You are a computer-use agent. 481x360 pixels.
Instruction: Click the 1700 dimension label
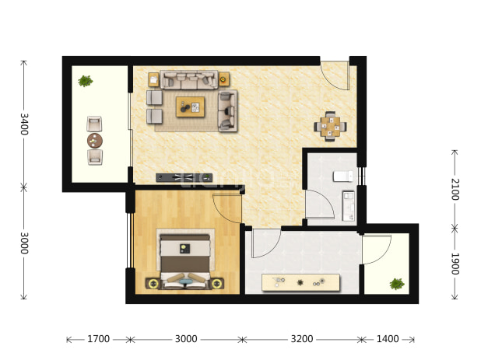coord(99,339)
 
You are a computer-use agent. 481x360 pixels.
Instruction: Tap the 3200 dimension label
coord(302,339)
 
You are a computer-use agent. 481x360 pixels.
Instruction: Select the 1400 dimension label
coord(388,339)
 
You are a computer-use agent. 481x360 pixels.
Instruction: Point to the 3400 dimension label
coord(24,124)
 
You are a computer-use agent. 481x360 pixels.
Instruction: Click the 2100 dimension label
coord(455,189)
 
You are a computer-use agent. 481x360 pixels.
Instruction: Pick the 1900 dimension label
coord(455,264)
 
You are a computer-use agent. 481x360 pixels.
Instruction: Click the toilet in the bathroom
coord(343,177)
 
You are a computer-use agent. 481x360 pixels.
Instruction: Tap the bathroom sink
coord(349,205)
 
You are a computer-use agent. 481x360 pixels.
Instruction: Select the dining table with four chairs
coord(330,127)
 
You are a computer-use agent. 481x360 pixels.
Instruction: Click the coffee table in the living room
coord(190,107)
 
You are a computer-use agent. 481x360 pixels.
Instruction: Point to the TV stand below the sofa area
coord(184,177)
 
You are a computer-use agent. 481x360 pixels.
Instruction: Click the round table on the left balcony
coord(95,141)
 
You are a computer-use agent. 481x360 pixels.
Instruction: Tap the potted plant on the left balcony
coord(86,81)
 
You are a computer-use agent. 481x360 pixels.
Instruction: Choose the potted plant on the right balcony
coord(397,284)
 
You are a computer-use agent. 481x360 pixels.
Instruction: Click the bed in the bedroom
coord(185,260)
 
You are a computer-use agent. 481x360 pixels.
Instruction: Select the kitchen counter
coord(300,282)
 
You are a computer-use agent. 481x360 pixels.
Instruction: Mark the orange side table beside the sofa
coord(223,79)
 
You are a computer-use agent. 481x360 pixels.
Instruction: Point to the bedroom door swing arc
coord(222,214)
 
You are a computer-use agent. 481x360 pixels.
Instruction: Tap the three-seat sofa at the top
coord(189,80)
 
